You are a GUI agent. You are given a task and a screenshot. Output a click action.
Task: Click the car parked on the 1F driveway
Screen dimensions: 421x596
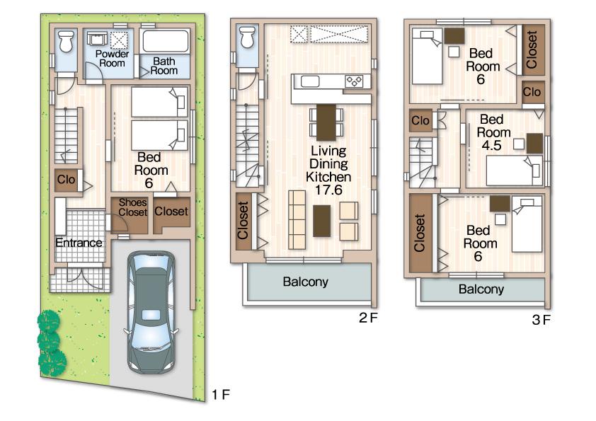[149, 311]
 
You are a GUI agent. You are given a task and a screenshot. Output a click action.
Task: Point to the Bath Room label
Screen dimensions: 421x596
[164, 66]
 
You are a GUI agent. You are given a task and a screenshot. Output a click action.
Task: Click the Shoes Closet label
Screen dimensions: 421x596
[132, 207]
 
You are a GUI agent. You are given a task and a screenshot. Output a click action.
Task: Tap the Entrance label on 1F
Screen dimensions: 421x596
[79, 243]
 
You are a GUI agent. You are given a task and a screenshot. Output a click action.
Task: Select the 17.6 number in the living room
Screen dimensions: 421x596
[326, 189]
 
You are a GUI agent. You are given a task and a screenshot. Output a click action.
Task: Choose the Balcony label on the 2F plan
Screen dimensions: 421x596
[306, 282]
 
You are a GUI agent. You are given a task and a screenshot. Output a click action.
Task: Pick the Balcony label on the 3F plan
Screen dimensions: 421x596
[481, 289]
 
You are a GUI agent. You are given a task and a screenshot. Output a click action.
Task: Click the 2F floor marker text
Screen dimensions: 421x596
[368, 318]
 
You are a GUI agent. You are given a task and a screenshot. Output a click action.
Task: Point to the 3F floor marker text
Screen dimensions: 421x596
[541, 321]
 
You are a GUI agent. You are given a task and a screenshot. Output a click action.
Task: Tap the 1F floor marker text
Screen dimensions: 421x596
[221, 393]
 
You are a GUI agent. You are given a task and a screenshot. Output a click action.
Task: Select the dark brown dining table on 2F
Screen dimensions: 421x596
[326, 122]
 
